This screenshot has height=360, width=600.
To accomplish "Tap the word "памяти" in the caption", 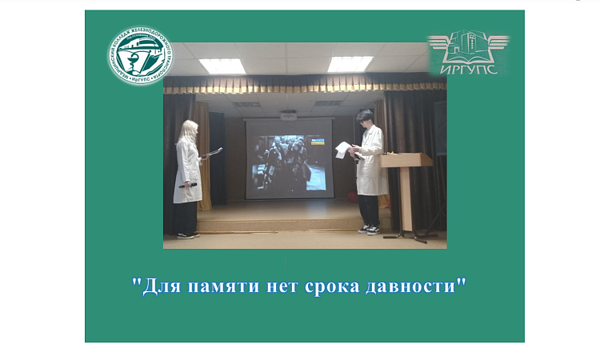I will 211,287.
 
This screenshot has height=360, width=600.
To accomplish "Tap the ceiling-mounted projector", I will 288,114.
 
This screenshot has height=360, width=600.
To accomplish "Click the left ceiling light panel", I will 222,66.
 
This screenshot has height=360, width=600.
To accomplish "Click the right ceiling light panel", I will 350,63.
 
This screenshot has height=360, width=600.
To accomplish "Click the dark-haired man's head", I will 366,118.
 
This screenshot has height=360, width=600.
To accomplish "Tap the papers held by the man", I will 343,149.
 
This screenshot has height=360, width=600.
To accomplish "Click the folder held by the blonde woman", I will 213,151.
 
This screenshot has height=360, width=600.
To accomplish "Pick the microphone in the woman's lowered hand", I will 190,186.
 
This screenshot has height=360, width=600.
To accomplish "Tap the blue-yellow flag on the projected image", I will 318,142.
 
